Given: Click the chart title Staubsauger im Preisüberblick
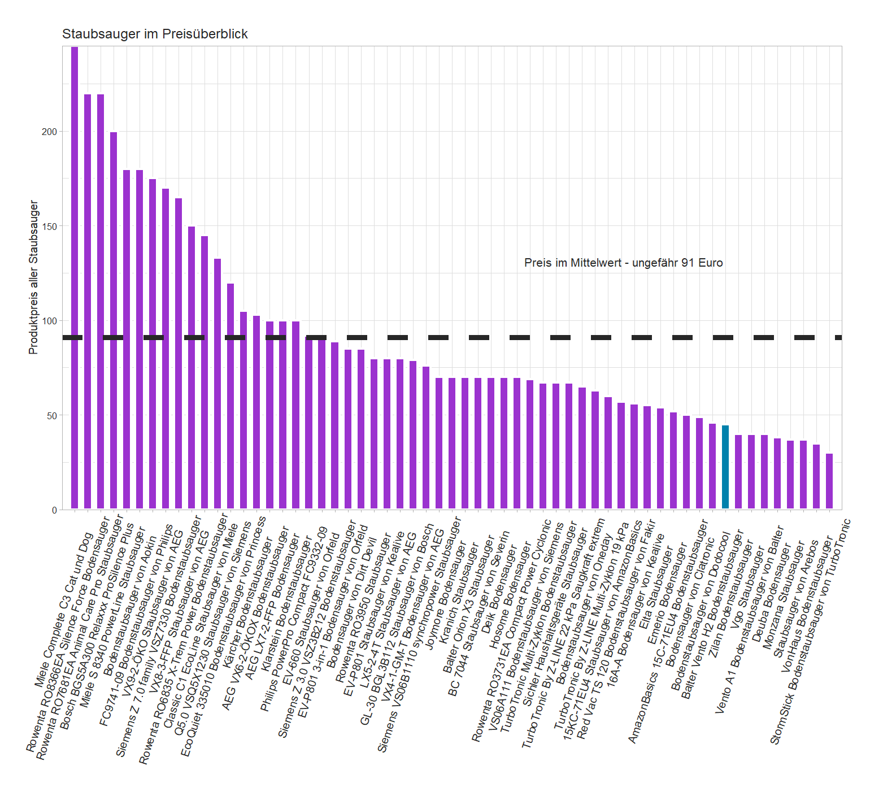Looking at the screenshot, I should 155,34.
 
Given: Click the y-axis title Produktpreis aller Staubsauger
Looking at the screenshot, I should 33,277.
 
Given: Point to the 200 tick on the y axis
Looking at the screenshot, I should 50,132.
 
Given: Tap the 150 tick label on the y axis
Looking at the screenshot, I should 50,227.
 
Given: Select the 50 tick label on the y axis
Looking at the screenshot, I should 51,416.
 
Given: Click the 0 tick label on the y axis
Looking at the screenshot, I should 54,510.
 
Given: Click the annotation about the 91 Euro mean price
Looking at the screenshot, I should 623,263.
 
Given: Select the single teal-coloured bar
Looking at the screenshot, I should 725,467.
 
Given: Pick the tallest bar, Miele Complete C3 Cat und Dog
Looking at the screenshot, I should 75,277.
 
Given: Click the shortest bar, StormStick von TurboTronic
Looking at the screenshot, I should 829,481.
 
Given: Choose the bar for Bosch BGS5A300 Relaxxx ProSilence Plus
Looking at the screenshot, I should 114,320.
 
